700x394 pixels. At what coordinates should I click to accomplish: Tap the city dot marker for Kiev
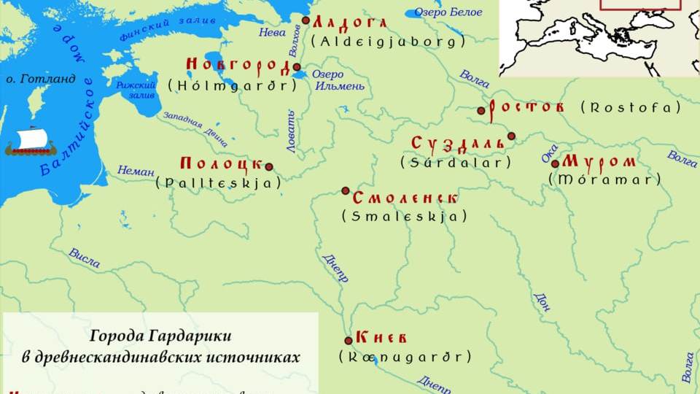click(349, 340)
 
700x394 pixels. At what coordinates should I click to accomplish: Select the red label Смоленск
click(405, 198)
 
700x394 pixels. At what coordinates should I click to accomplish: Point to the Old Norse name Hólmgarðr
click(233, 85)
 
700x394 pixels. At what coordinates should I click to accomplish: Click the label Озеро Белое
click(448, 12)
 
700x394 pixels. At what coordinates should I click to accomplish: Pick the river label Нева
click(272, 32)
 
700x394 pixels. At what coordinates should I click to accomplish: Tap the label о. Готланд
click(41, 79)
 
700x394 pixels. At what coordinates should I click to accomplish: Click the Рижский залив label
click(136, 90)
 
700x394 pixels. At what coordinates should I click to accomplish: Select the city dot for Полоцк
click(269, 167)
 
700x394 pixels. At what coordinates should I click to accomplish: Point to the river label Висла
click(85, 258)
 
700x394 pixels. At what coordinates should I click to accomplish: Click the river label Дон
click(542, 303)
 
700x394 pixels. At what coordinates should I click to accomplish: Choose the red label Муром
click(599, 162)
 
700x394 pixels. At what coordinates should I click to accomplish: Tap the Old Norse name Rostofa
click(631, 108)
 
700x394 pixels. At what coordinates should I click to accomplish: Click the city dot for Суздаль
click(512, 136)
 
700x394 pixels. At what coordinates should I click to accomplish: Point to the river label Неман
click(136, 171)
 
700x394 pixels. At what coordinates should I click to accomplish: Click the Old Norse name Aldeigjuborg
click(388, 42)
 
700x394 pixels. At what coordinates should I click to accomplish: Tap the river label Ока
click(550, 154)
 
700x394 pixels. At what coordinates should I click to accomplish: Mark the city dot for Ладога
click(306, 20)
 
